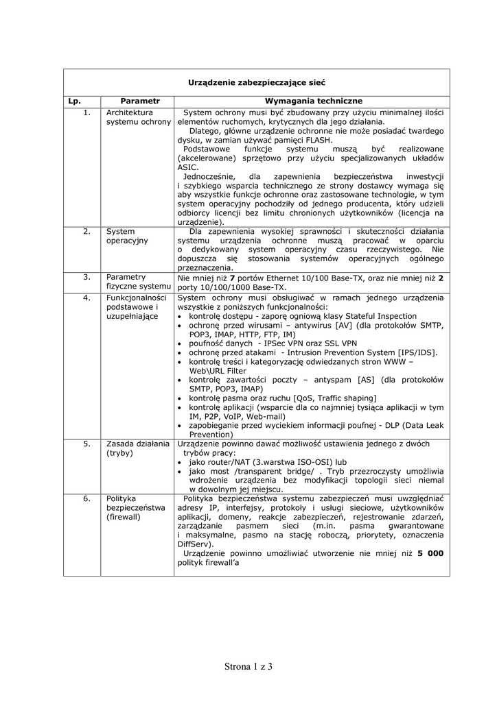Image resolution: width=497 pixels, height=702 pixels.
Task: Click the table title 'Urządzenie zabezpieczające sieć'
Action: tap(257, 82)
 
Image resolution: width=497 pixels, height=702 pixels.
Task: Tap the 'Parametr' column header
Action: tap(139, 101)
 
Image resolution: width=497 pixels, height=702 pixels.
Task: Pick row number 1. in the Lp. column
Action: tap(86, 112)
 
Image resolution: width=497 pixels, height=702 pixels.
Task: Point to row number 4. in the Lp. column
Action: tap(86, 298)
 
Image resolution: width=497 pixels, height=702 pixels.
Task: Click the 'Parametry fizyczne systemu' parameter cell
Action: tap(138, 281)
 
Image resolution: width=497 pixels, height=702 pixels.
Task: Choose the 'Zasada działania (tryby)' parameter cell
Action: tap(137, 448)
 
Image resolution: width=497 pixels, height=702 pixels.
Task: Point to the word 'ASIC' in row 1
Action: tap(187, 167)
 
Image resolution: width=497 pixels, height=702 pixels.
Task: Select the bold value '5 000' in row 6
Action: tap(430, 553)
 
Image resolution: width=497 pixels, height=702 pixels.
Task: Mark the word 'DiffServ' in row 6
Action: tap(194, 544)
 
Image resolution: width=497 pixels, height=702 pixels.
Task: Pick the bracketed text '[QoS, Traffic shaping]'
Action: tap(334, 398)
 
